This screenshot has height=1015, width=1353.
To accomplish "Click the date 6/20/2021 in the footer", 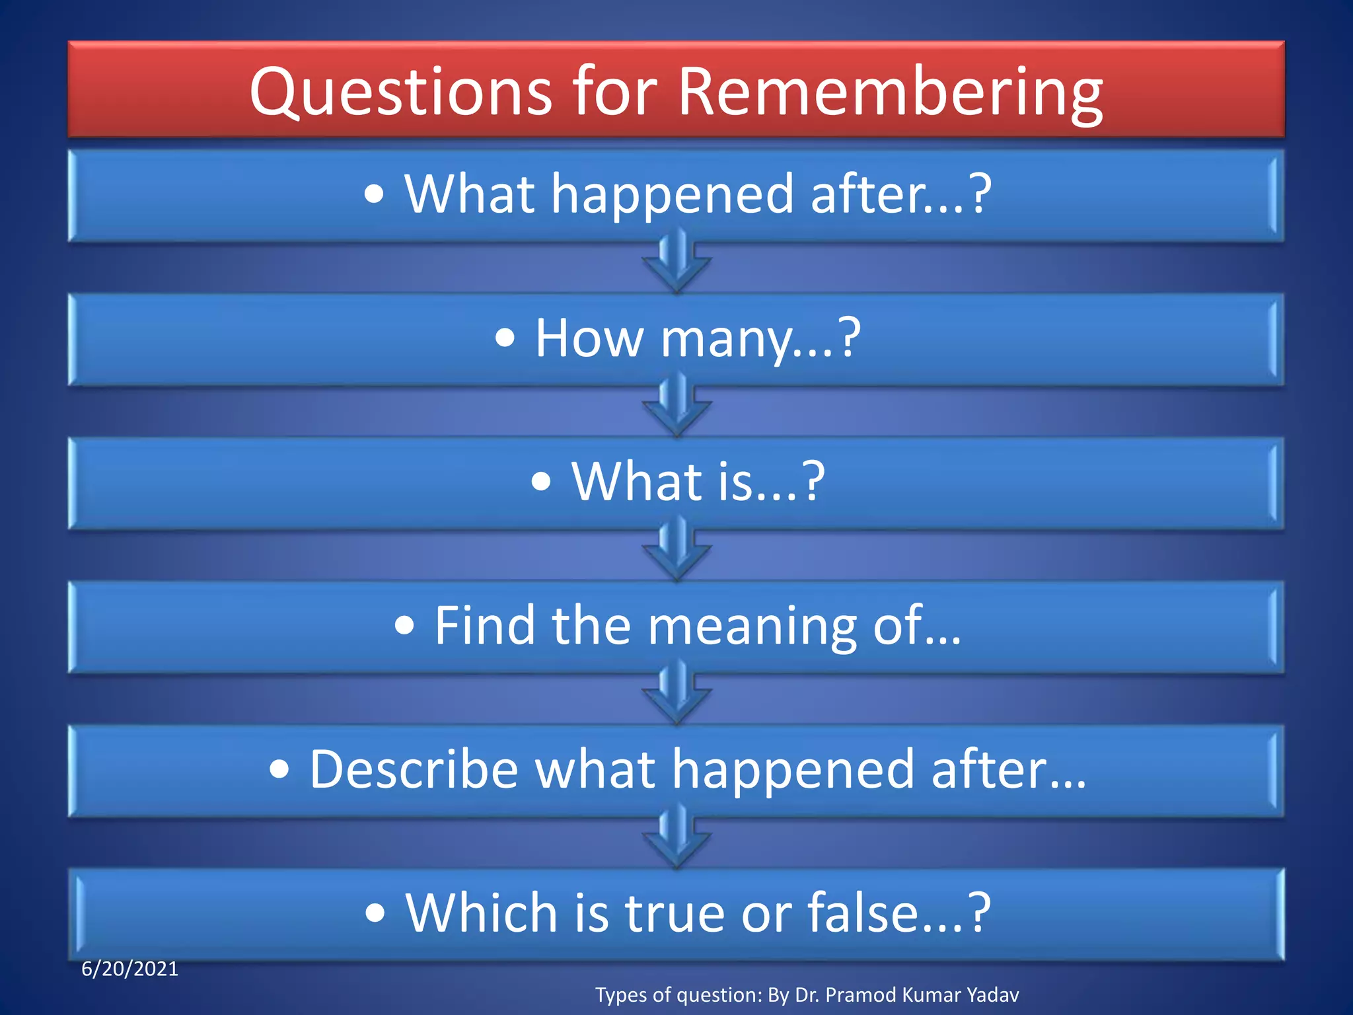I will (x=129, y=969).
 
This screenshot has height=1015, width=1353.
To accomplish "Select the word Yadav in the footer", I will (x=992, y=995).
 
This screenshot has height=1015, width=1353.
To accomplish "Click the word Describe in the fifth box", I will (x=414, y=769).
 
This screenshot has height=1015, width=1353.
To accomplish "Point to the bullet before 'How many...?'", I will (x=505, y=339).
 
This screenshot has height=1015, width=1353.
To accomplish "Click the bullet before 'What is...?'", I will (x=540, y=482).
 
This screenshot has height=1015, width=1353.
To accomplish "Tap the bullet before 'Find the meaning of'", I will (x=404, y=626).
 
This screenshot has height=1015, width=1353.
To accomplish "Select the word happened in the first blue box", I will (x=672, y=195).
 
